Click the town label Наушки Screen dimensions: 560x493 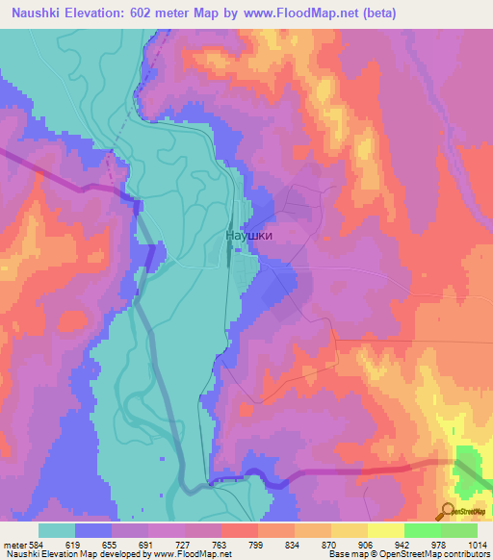[255, 234]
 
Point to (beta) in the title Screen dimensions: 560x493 [376, 14]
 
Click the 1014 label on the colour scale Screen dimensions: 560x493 [475, 545]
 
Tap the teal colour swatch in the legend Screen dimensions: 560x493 [57, 530]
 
